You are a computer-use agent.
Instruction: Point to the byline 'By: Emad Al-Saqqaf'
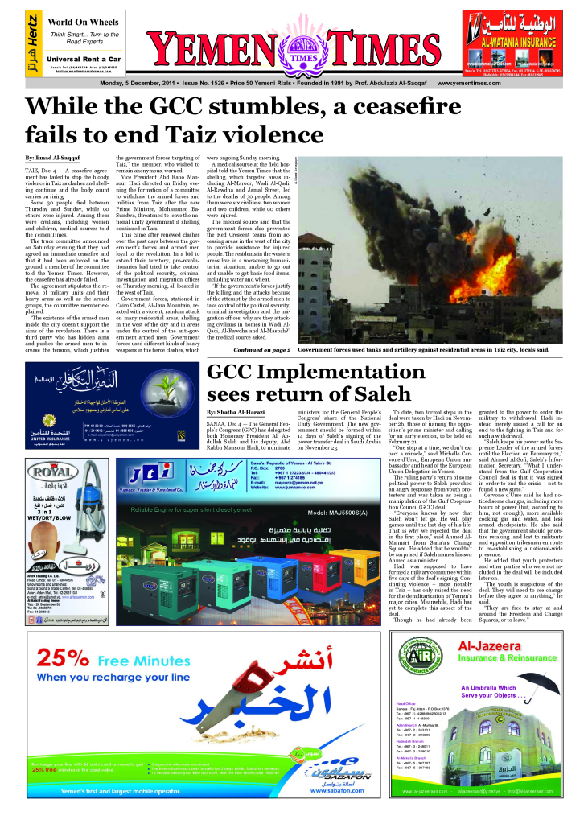tap(52, 156)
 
